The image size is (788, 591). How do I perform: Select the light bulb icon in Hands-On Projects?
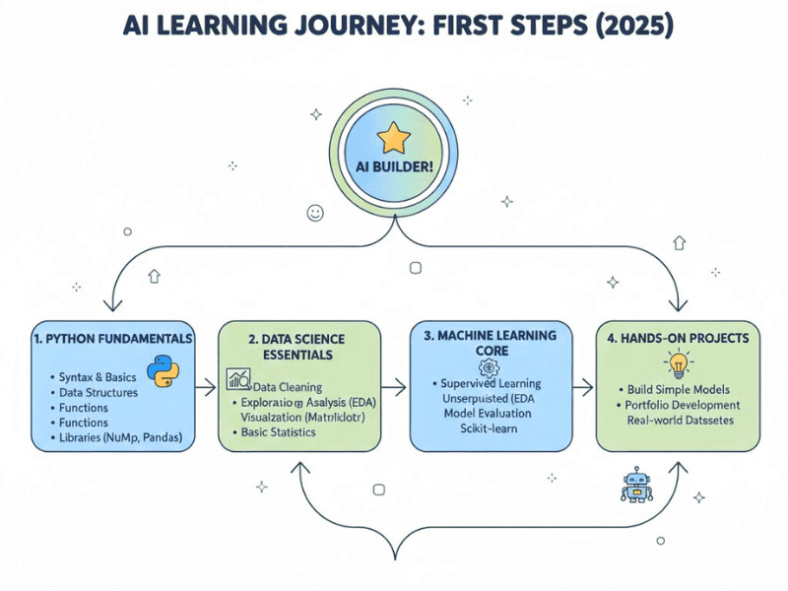coord(678,365)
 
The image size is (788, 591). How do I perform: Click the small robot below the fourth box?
coord(637,484)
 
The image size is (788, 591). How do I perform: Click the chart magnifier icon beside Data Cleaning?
coord(238,379)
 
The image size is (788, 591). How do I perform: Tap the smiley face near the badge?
coord(315,212)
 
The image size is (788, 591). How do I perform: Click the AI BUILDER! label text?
coord(393,164)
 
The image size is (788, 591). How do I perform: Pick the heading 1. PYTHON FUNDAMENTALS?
coord(113,338)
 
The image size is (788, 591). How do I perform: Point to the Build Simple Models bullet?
coord(680,389)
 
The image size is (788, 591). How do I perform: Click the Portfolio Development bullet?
coord(682,405)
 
